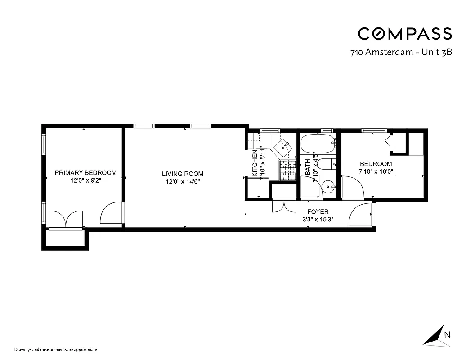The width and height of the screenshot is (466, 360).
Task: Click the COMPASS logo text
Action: [x=404, y=34]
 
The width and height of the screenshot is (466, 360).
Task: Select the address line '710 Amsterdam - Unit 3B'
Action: [x=401, y=52]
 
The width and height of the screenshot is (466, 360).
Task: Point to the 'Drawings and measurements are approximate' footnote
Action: [x=56, y=349]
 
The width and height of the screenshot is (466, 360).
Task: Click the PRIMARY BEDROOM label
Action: [x=85, y=173]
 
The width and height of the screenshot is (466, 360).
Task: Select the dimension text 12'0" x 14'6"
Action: [x=182, y=182]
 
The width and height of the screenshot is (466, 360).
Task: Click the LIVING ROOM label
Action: [x=183, y=174]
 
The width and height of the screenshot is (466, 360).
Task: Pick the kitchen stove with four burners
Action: [x=288, y=171]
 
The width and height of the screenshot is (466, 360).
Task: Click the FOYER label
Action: [x=318, y=211]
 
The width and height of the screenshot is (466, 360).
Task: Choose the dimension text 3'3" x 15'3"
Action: [x=318, y=220]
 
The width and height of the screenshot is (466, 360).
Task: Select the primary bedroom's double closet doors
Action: [x=66, y=220]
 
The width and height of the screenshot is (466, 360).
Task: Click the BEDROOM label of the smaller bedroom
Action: [x=376, y=164]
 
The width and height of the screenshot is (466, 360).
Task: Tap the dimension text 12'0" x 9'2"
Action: [x=85, y=181]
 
